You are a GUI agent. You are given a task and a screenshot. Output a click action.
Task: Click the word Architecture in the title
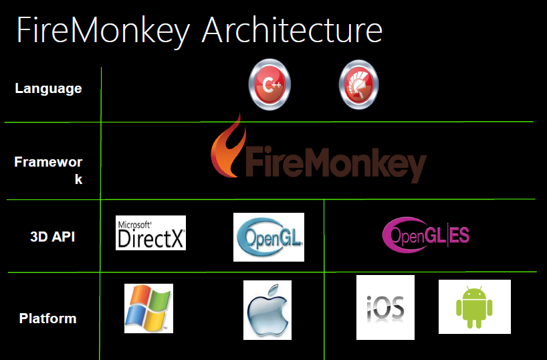[x=292, y=30]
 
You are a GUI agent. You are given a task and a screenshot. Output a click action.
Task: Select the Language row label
[x=49, y=89]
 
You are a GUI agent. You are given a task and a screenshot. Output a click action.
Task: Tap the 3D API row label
[x=53, y=237]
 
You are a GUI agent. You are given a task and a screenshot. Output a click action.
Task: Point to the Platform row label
[x=47, y=319]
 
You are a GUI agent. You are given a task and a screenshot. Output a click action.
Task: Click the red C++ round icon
[x=269, y=84]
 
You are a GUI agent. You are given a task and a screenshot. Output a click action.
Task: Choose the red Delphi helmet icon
[x=358, y=84]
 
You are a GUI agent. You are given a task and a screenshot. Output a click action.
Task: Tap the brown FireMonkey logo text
[x=336, y=163]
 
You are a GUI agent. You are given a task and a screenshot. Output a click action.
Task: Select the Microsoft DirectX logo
[x=150, y=233]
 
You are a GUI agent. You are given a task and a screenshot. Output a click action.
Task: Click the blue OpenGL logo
[x=269, y=237]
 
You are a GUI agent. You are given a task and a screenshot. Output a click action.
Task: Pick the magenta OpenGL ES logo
[x=426, y=234]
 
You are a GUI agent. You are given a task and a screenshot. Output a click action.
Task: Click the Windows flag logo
[x=148, y=308]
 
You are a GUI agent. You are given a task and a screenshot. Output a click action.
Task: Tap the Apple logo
[x=267, y=310]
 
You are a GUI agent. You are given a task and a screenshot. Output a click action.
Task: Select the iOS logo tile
[x=385, y=307]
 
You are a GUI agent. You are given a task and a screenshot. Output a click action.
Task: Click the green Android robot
[x=474, y=307]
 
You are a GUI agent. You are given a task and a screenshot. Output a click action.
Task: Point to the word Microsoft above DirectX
[x=134, y=225]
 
